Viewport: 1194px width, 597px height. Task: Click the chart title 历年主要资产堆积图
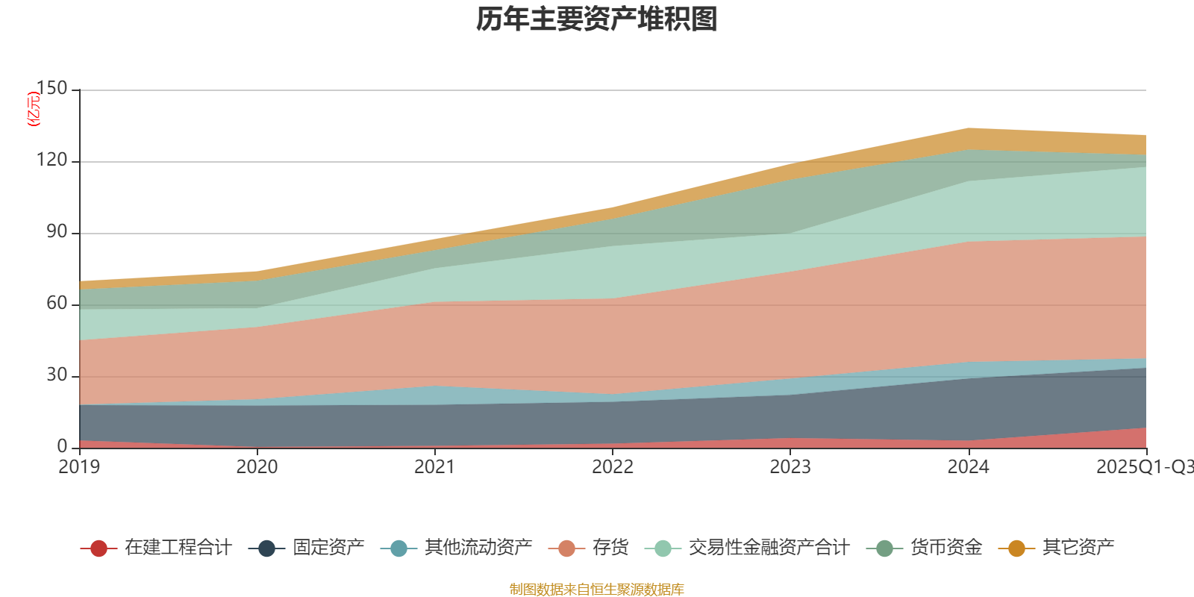click(x=597, y=19)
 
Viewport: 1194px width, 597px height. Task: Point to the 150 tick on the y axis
click(x=51, y=89)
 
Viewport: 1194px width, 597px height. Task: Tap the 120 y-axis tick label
click(x=51, y=160)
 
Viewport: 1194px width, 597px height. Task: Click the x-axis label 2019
click(x=80, y=467)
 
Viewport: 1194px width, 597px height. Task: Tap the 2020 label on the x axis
click(x=257, y=467)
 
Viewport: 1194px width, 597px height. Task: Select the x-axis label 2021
click(x=435, y=467)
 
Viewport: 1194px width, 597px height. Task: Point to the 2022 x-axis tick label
click(x=613, y=467)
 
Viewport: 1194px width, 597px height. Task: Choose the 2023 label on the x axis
click(x=790, y=467)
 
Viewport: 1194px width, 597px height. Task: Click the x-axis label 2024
click(x=968, y=467)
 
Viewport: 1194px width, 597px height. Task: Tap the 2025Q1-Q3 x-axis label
click(x=1144, y=467)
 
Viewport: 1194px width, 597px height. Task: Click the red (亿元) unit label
click(x=34, y=109)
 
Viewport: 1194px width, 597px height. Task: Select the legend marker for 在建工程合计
click(x=99, y=548)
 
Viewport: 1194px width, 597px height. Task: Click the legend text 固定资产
click(x=328, y=548)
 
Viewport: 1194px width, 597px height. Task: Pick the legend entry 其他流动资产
click(x=478, y=548)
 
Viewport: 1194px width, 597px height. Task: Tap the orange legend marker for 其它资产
click(x=1016, y=548)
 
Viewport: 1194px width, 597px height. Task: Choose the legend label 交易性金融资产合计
click(x=769, y=548)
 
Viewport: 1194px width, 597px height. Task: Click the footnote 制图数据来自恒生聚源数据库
click(x=597, y=590)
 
